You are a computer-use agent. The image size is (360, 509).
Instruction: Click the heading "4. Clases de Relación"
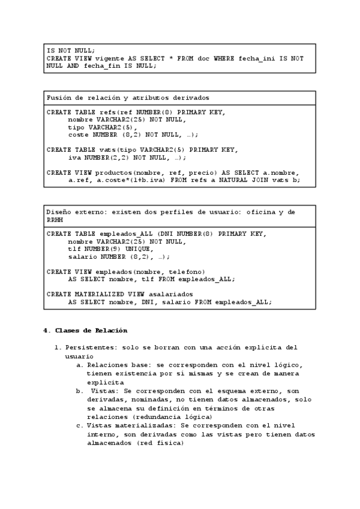[x=85, y=331]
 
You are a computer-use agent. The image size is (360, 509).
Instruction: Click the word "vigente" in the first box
[x=110, y=59]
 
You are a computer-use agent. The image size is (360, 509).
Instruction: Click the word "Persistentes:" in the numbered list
[x=91, y=348]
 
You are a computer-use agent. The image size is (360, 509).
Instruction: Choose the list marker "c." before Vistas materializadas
[x=79, y=426]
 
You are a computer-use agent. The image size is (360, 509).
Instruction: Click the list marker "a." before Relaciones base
[x=79, y=364]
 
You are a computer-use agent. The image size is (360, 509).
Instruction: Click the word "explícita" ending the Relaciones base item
[x=106, y=382]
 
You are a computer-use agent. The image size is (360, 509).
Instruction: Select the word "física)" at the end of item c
[x=169, y=444]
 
